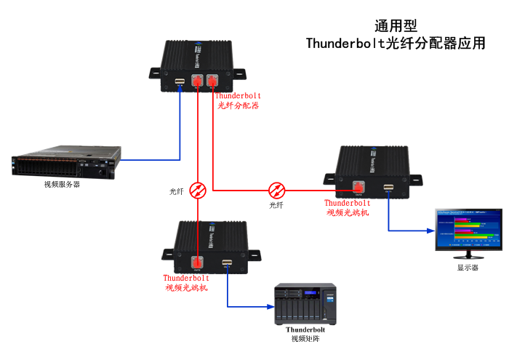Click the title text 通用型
coord(395,26)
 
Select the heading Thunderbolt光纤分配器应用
coord(395,44)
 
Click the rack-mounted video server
coord(65,164)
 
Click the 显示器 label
coord(468,268)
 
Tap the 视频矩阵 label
coord(305,339)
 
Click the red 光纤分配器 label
coord(239,105)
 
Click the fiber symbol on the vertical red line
coord(197,191)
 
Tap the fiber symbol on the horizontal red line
coord(276,191)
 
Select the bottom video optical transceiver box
coord(211,247)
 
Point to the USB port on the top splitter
coord(179,82)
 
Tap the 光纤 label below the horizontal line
coord(276,206)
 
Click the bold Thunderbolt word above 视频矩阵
coord(305,329)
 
